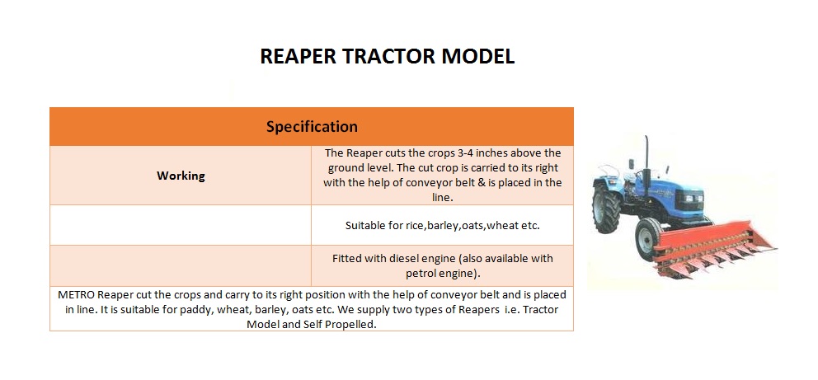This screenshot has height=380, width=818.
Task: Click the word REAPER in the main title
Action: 298,56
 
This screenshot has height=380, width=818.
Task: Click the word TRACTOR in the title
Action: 388,56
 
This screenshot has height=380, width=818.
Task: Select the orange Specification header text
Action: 312,127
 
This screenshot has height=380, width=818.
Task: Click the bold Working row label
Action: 181,176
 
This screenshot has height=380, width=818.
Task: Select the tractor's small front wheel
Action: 649,239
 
